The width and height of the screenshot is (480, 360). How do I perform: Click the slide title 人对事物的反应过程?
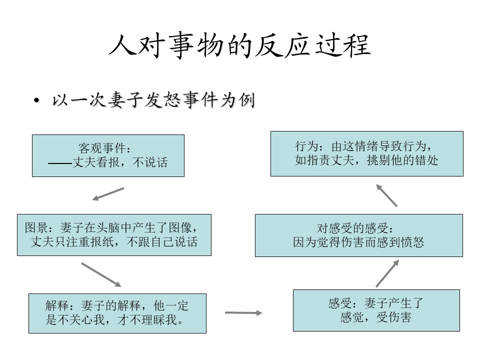pos(239,46)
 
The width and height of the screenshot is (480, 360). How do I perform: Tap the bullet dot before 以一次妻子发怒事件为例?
pos(36,100)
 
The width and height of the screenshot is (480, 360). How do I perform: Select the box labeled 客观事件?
pos(108,155)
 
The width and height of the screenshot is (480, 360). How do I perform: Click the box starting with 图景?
pos(114,235)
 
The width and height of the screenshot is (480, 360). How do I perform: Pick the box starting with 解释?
pos(117,313)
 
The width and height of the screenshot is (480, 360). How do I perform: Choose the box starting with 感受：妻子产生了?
pos(376,310)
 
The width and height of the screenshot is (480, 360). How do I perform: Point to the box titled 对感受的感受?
pos(359,235)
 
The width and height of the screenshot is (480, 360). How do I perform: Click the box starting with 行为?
pos(366,153)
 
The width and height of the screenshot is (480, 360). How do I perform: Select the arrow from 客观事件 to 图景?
pos(108,194)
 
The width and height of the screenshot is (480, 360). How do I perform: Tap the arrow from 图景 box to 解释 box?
pos(101,274)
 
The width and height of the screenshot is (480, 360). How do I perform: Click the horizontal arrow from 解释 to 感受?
pos(243,312)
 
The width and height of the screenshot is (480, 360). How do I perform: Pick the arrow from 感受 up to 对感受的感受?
pos(387,273)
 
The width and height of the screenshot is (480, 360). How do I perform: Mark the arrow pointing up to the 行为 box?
pos(386,195)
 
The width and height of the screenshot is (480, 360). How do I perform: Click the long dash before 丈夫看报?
pos(60,163)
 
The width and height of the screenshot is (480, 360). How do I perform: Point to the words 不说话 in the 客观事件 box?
pos(150,162)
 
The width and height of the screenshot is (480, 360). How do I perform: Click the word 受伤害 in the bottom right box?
pos(393,317)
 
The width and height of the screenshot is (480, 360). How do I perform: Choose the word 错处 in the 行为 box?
pos(426,160)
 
